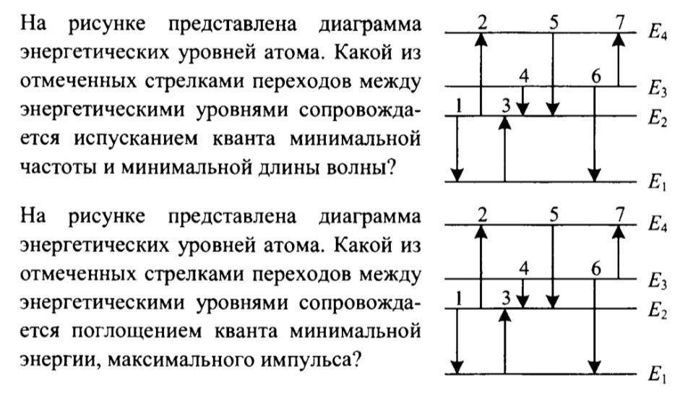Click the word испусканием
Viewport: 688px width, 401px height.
136,139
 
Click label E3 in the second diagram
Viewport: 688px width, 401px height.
658,281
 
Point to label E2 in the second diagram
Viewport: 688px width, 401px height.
658,311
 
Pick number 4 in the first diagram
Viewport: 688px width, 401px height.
524,77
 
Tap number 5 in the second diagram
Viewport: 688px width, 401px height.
554,215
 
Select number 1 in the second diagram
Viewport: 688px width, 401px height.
459,299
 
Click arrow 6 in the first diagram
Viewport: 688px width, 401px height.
595,134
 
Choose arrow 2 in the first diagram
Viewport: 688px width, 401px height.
481,74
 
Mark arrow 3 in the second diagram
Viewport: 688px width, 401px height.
505,341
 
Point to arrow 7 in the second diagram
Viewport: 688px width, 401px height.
619,252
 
